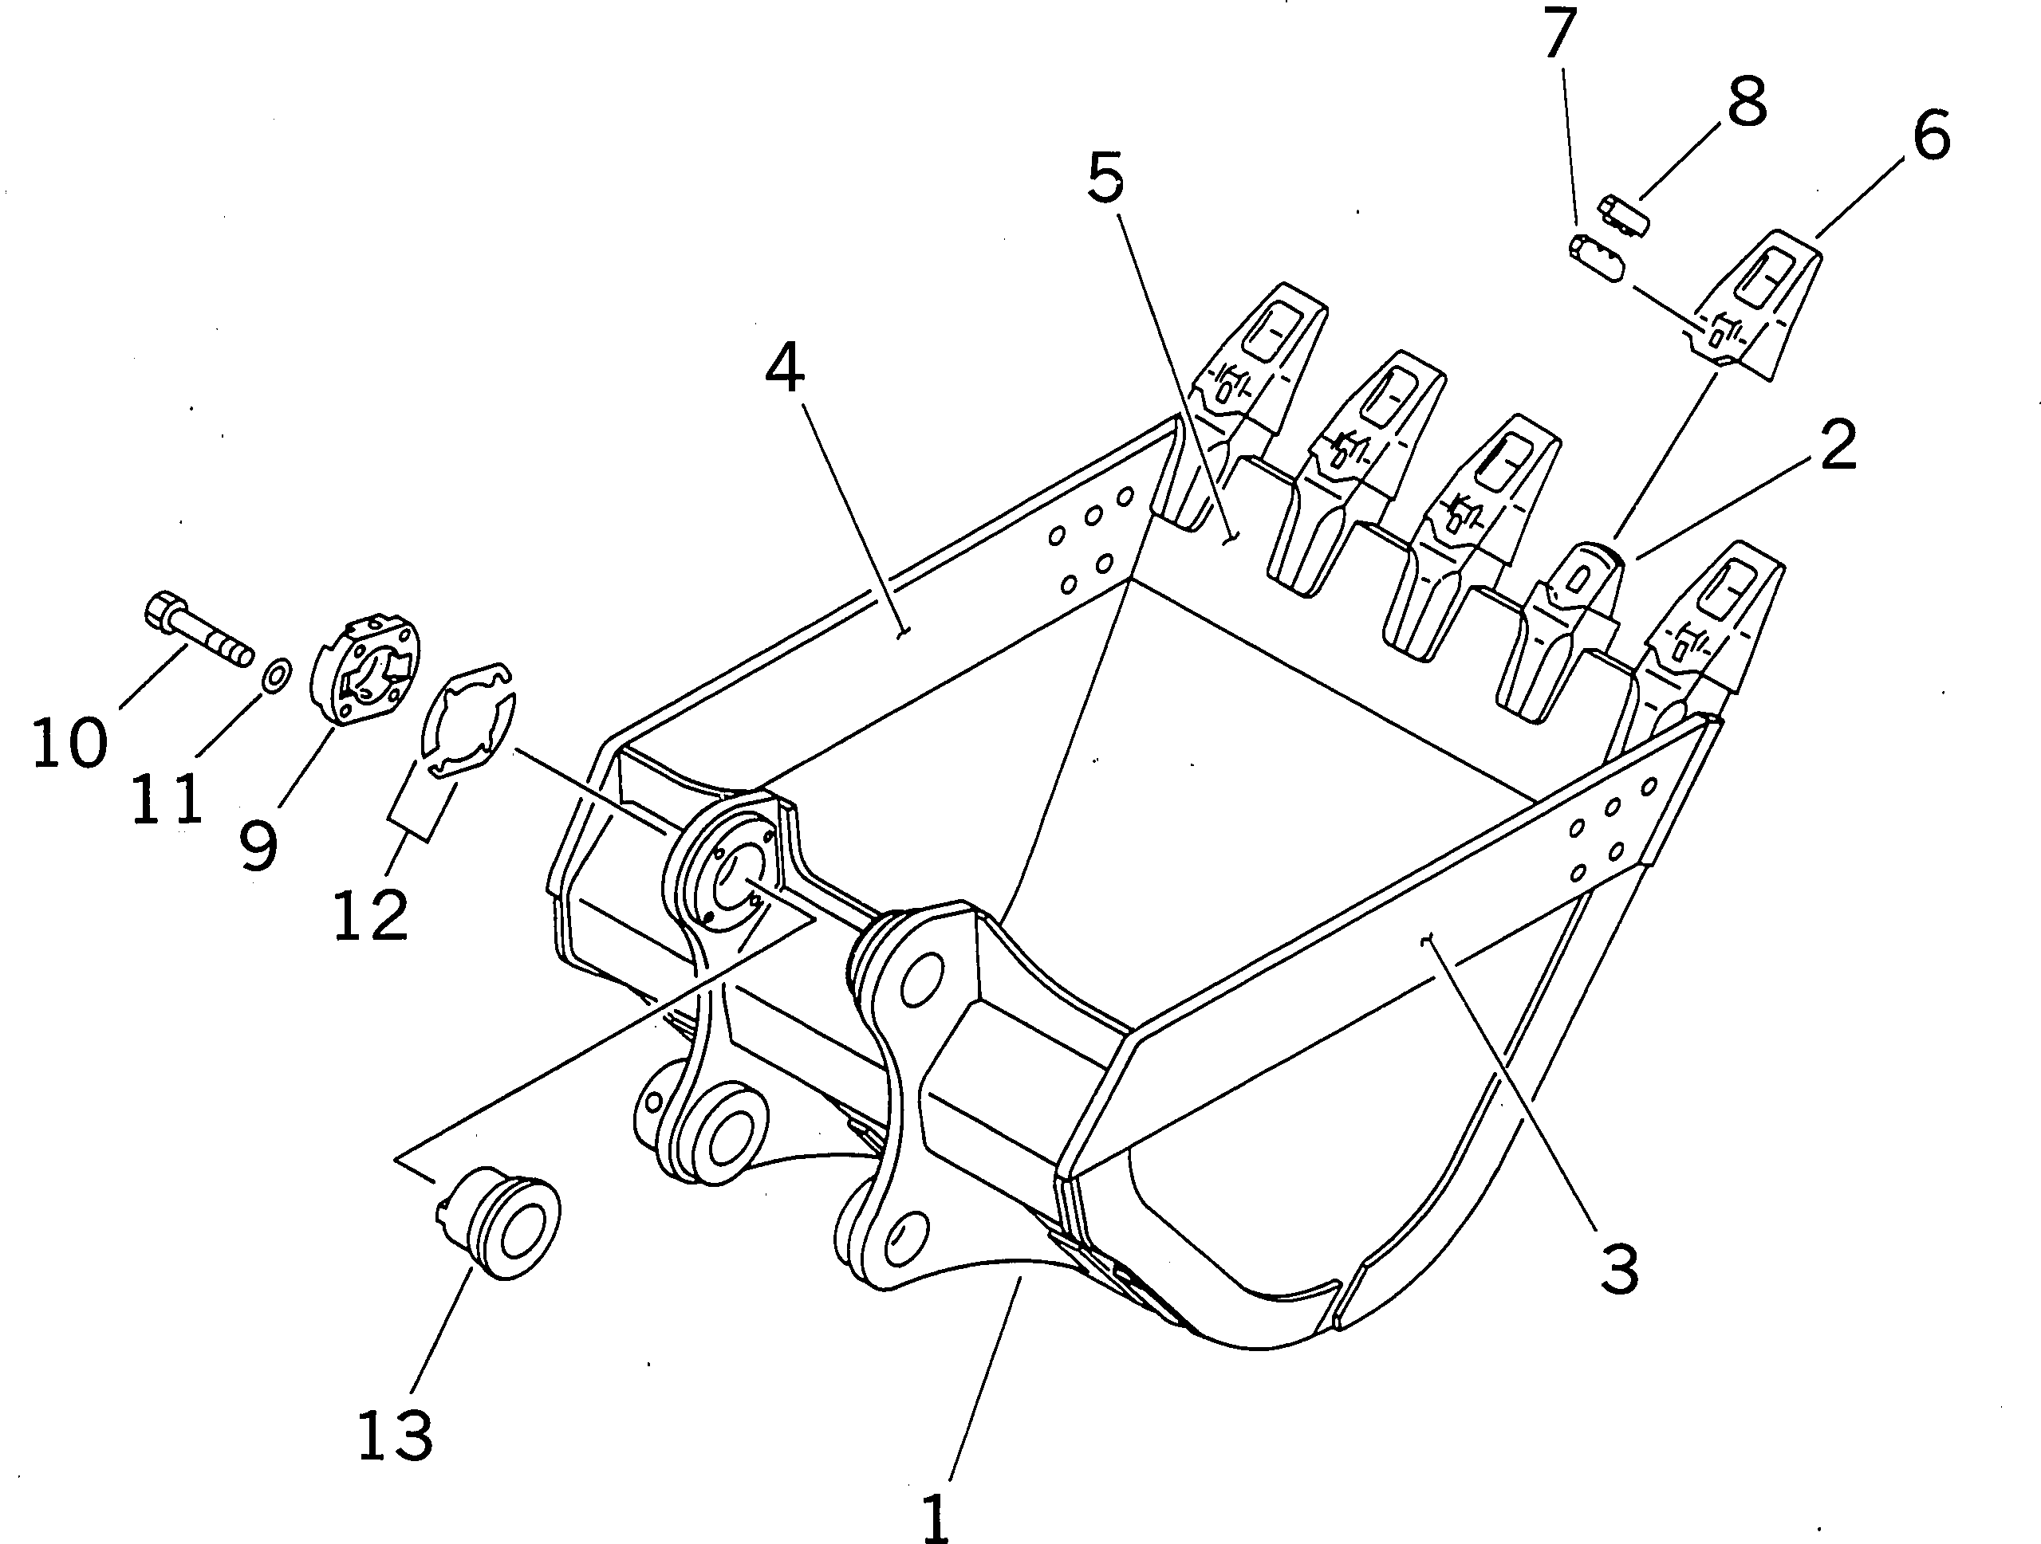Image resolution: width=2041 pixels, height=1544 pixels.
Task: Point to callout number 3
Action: pyautogui.click(x=1619, y=1269)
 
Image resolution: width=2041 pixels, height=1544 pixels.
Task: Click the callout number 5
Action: pyautogui.click(x=1105, y=178)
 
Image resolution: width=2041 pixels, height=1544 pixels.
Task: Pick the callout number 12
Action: pyautogui.click(x=371, y=915)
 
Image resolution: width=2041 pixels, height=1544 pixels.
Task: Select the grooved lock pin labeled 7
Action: pyautogui.click(x=1594, y=259)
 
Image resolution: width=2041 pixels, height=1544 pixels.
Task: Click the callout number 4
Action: pyautogui.click(x=784, y=368)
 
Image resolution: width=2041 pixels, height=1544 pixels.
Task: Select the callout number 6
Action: pyautogui.click(x=1931, y=136)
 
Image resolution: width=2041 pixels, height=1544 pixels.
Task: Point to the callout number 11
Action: pyautogui.click(x=166, y=798)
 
